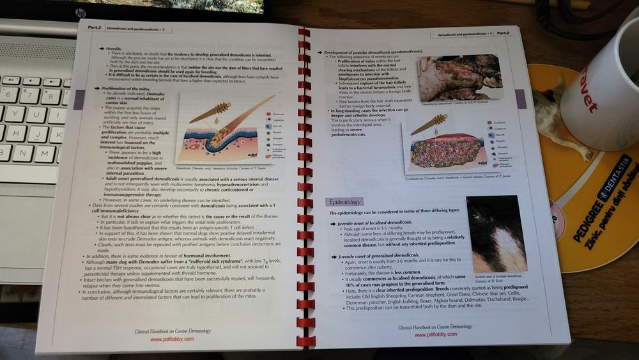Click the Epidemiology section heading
(x=343, y=201)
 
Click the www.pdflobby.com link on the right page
(x=426, y=334)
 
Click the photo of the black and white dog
(x=496, y=233)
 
